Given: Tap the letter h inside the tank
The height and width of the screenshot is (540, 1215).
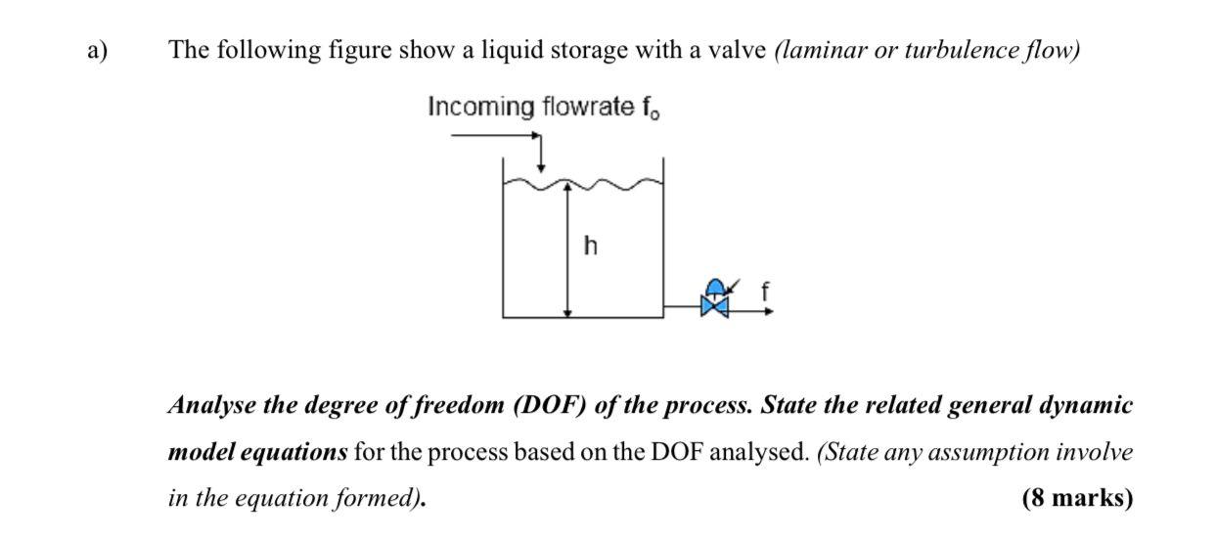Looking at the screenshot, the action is click(589, 245).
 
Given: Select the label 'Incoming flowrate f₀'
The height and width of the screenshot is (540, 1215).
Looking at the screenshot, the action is click(543, 107).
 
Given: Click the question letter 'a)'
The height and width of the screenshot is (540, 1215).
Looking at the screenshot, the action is click(96, 50).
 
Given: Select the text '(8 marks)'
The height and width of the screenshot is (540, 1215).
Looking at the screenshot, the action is click(1077, 498).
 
